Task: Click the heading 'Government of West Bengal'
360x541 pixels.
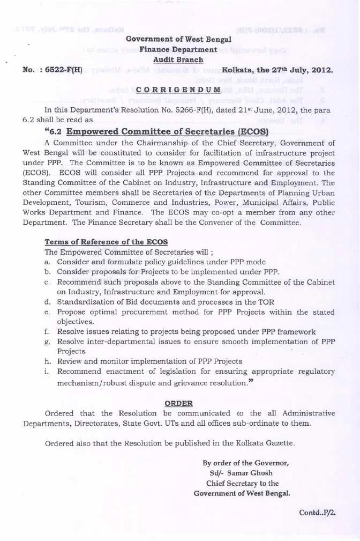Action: pos(178,39)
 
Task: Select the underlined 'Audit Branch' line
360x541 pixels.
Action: pos(178,60)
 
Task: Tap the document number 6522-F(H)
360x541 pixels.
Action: pos(62,70)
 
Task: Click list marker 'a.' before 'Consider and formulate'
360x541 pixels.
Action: pos(48,262)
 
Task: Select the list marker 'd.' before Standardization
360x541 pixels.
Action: pos(48,302)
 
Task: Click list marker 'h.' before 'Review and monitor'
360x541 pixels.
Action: pos(48,361)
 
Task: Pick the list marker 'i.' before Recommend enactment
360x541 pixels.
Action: pos(47,371)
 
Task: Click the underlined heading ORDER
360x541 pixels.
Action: pos(178,403)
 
